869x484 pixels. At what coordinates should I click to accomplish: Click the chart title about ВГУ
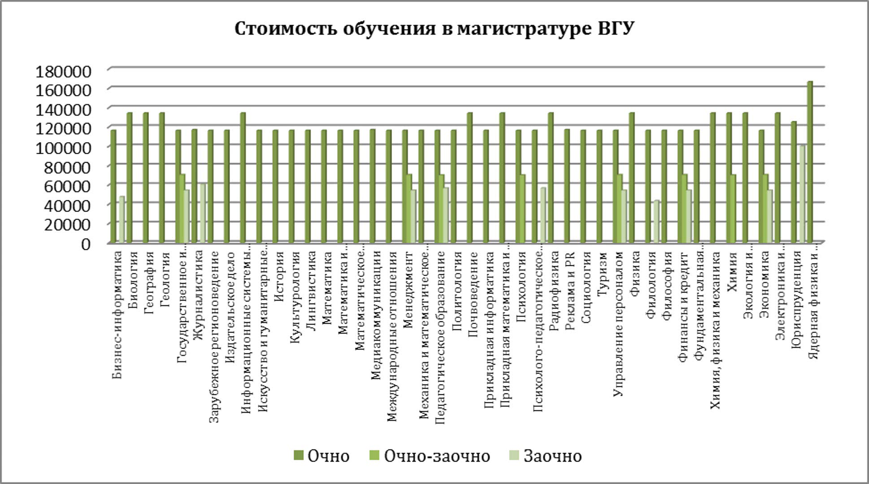click(x=434, y=29)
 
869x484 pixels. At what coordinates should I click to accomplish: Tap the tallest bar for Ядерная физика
click(x=810, y=161)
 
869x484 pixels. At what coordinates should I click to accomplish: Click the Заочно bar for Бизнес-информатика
click(x=122, y=220)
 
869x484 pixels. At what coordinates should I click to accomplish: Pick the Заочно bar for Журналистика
click(x=203, y=213)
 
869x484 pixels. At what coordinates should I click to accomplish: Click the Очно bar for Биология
click(x=130, y=177)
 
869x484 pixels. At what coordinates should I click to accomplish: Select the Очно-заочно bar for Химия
click(x=733, y=209)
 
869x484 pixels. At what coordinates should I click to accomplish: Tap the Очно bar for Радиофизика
click(x=551, y=177)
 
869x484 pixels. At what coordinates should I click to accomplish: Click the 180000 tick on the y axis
click(x=63, y=71)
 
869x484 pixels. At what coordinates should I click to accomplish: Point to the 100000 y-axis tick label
click(x=63, y=147)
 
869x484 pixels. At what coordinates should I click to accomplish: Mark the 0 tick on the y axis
click(x=85, y=244)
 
